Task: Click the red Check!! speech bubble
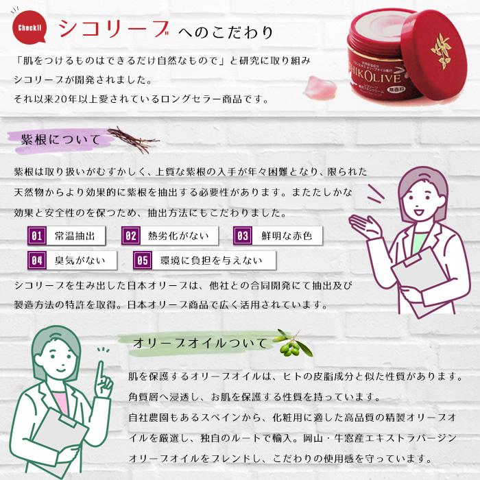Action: pos(29,27)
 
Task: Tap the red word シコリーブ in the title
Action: pos(114,29)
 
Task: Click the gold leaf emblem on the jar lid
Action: pos(440,51)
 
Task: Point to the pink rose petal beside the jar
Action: pos(322,87)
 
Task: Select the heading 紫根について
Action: pos(60,140)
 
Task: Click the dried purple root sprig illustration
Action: pos(133,140)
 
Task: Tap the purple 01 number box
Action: pos(37,236)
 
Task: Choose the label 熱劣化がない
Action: pos(178,236)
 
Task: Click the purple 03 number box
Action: pos(243,236)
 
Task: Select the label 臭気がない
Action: pos(80,261)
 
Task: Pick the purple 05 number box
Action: pos(143,261)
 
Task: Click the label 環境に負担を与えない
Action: pos(211,261)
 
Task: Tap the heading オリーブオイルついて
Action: pos(200,343)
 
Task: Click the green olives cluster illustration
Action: pos(289,348)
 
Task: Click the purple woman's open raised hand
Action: pos(364,226)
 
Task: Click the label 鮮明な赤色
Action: pos(287,236)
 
